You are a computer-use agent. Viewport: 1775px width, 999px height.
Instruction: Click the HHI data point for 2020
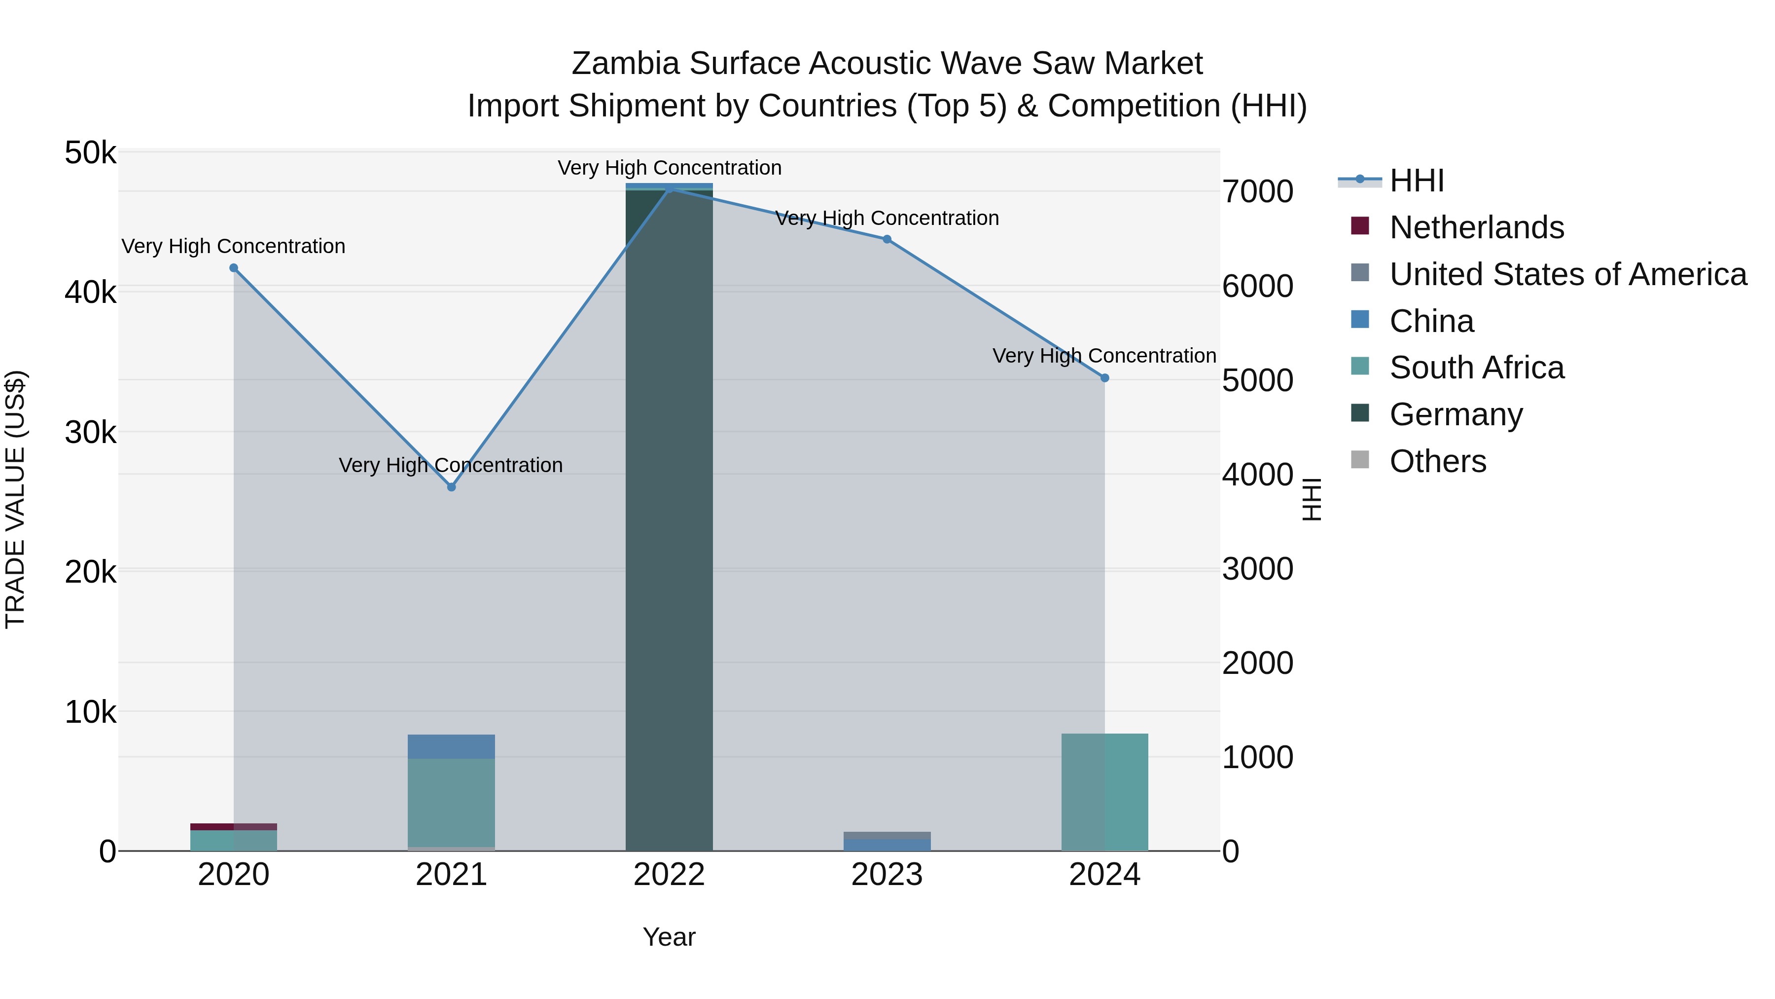coord(234,268)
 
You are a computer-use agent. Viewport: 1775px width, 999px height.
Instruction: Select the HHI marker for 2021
coord(451,487)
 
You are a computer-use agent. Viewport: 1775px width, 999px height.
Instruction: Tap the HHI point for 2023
coord(887,239)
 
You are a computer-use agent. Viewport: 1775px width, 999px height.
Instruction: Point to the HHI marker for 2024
coord(1104,378)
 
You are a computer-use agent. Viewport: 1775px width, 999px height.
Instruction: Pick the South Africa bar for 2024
coord(1104,792)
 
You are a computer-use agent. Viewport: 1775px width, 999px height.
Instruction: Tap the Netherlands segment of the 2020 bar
coord(234,827)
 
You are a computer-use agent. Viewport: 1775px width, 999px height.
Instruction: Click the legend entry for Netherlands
coord(1477,227)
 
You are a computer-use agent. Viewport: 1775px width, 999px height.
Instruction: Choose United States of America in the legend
coord(1567,274)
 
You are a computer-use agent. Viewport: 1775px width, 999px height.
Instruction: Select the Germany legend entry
coord(1456,414)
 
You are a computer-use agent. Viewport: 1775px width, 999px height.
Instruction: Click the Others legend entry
coord(1438,461)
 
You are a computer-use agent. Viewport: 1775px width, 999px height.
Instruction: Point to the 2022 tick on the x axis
coord(669,875)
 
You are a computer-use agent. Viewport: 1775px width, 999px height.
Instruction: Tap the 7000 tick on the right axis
coord(1257,192)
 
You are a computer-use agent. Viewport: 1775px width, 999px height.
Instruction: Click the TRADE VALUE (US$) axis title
coord(15,499)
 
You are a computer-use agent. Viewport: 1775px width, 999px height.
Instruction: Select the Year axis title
coord(669,937)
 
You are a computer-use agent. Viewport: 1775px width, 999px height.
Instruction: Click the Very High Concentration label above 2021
coord(451,465)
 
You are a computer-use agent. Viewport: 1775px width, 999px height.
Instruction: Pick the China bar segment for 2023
coord(887,845)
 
